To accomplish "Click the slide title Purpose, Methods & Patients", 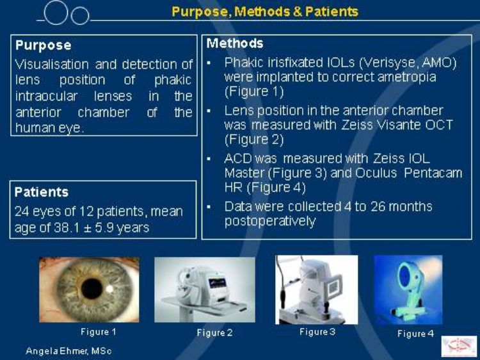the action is pos(265,12).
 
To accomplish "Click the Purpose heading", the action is pos(43,45).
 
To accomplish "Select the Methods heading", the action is pos(235,43).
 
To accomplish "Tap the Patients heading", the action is pos(42,192).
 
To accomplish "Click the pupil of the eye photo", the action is pos(92,289).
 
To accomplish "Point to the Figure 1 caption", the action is pos(99,332).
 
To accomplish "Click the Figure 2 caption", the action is pos(214,332).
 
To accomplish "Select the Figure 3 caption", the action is pos(317,332).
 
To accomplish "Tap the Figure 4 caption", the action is pos(415,333).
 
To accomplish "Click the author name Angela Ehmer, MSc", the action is pos(68,351).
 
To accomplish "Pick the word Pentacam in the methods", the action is pos(433,173).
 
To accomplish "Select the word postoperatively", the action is pos(270,221).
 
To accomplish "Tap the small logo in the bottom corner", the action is pos(460,347).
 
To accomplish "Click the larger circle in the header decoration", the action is pos(56,13).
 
